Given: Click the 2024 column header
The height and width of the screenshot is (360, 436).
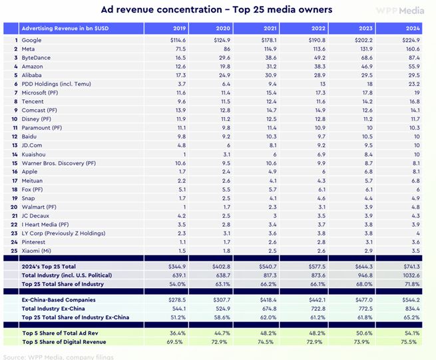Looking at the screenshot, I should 412,29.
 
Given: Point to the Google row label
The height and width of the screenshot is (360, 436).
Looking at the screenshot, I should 31,41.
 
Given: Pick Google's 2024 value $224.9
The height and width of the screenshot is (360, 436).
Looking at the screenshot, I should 409,41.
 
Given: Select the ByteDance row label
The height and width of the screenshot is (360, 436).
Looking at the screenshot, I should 36,58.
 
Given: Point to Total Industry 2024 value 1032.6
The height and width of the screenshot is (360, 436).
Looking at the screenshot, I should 410,274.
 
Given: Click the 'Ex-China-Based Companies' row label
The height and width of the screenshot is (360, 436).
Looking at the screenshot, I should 59,300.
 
